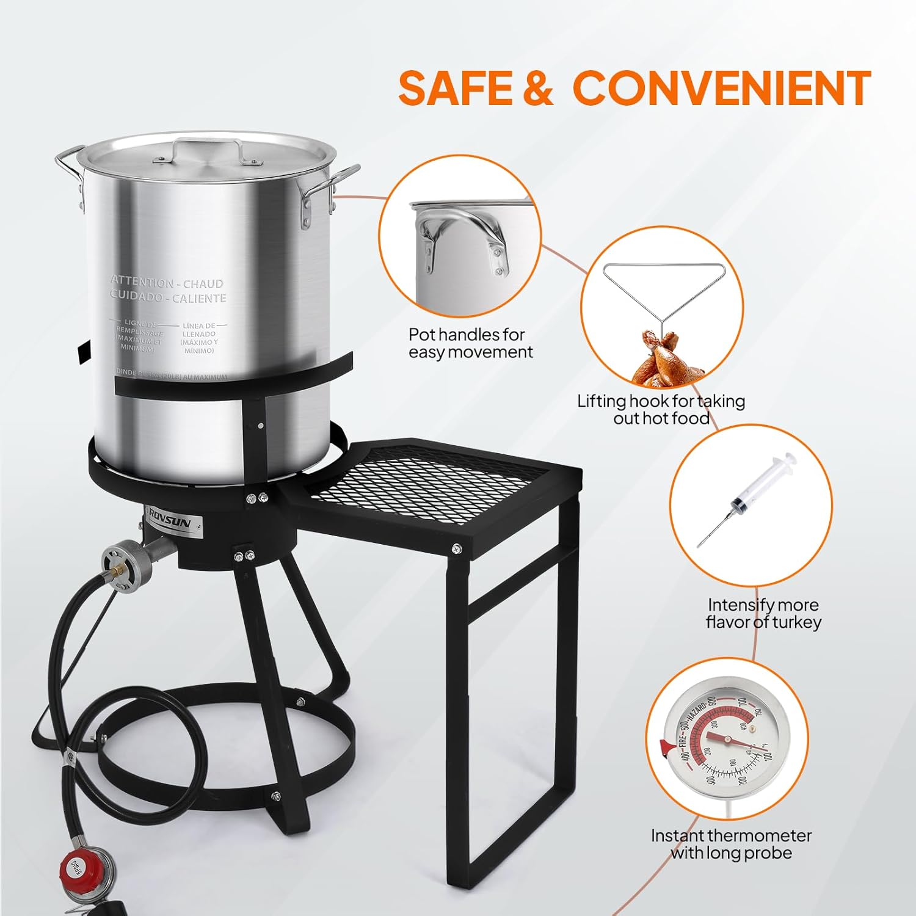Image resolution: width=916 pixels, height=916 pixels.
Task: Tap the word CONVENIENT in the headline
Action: [x=722, y=88]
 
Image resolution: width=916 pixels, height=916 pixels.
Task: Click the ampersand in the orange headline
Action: [x=538, y=88]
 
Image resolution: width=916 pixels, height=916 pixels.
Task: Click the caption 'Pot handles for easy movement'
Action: [x=470, y=343]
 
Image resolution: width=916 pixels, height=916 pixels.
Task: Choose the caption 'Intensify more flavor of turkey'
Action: [x=763, y=613]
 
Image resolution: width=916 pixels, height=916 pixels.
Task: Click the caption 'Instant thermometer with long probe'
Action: [x=731, y=844]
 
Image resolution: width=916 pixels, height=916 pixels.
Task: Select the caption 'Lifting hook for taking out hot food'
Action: [x=661, y=409]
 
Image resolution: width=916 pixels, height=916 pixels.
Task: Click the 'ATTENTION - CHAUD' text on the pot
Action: [x=167, y=283]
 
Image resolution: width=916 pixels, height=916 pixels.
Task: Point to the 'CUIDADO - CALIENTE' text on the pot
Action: [x=168, y=297]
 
